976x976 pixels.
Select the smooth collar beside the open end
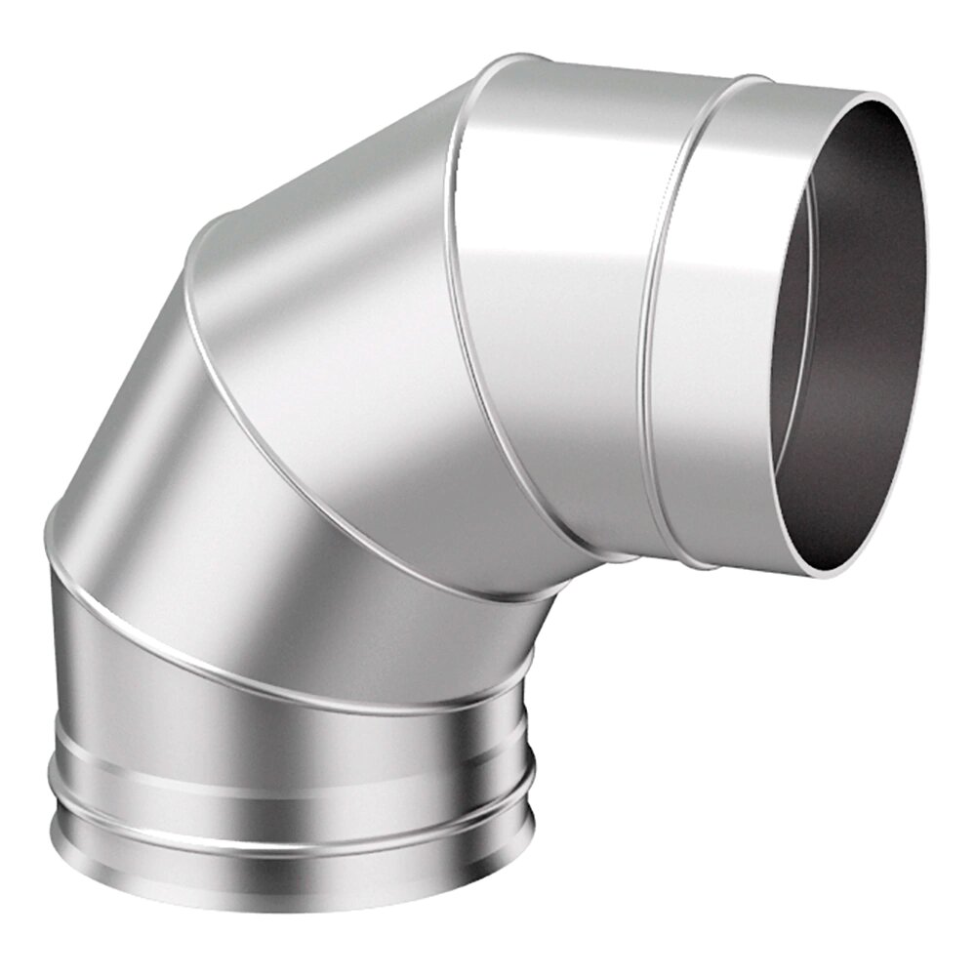click(722, 322)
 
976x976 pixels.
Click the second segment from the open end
click(556, 293)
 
